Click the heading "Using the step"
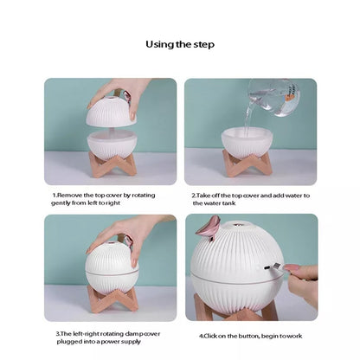point(180,45)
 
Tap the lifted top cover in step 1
point(112,112)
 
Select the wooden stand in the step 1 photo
point(112,165)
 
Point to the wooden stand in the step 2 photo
point(247,163)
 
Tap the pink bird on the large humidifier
point(209,228)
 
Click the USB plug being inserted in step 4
point(274,267)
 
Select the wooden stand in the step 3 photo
point(112,300)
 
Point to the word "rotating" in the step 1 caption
point(144,196)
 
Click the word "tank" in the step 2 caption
point(229,203)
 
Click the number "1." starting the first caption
point(55,196)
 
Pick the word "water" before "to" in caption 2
point(292,196)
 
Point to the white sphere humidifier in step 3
point(112,266)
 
